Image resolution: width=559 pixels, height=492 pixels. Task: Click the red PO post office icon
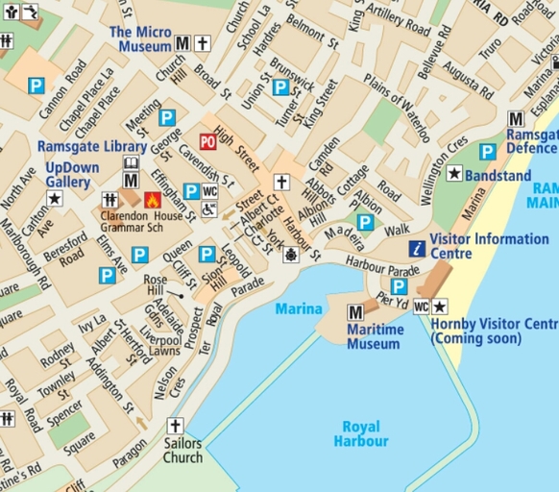coord(207,141)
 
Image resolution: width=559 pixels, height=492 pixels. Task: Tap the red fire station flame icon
coord(151,200)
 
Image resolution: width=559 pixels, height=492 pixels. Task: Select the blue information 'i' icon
coord(417,248)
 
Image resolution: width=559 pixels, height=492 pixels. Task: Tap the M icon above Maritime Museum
coord(354,311)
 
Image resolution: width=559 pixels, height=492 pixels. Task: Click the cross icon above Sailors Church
coord(174,425)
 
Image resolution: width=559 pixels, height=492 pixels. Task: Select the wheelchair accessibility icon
coord(209,209)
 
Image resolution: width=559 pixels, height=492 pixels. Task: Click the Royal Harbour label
coord(361,433)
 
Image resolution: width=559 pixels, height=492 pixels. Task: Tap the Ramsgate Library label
coord(92,147)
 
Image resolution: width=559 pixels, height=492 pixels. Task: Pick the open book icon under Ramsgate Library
coord(131,164)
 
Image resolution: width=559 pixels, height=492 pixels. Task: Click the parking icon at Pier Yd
coord(399,286)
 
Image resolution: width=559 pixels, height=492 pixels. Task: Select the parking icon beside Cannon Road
coord(36,86)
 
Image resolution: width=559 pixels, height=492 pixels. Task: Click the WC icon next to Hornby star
coord(420,307)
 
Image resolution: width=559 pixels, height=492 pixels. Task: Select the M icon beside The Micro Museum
coord(182,43)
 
